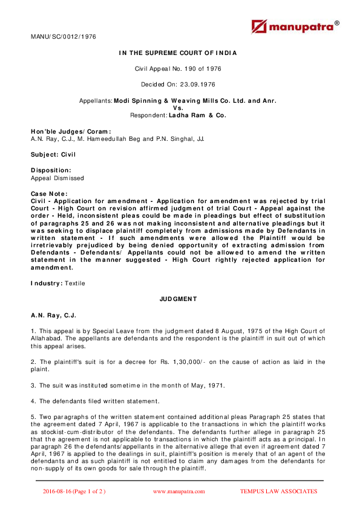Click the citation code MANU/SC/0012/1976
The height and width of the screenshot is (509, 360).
[63, 37]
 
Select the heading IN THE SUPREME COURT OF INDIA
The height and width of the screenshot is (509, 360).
[178, 53]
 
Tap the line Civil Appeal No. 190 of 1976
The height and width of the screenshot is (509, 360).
[178, 69]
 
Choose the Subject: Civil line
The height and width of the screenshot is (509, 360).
[53, 155]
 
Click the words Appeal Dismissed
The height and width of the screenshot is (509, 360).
[57, 178]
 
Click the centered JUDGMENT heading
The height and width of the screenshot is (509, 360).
[178, 299]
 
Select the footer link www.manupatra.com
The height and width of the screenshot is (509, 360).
[178, 491]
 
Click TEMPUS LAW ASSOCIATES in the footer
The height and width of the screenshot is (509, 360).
[278, 491]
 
